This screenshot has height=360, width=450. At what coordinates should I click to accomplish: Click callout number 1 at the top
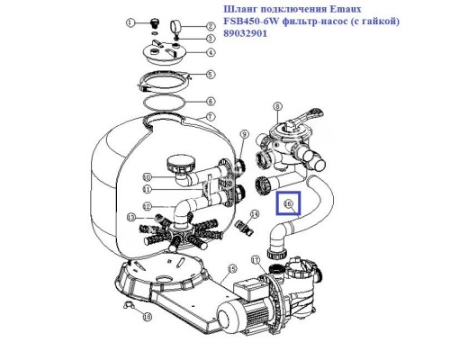pyautogui.click(x=130, y=23)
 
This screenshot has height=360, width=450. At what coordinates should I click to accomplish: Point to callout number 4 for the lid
pyautogui.click(x=210, y=52)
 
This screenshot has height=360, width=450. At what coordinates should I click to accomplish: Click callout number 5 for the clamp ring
pyautogui.click(x=210, y=76)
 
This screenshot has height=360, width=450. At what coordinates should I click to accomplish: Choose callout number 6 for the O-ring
pyautogui.click(x=210, y=102)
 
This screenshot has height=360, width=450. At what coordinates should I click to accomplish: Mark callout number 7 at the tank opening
pyautogui.click(x=210, y=117)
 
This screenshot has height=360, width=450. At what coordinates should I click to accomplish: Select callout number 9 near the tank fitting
pyautogui.click(x=244, y=135)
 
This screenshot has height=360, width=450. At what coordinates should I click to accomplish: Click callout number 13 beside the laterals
pyautogui.click(x=132, y=218)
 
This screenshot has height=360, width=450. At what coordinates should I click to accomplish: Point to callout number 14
pyautogui.click(x=256, y=213)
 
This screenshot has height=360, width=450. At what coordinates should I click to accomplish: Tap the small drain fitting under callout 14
pyautogui.click(x=243, y=230)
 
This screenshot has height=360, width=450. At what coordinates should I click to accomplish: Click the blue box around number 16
pyautogui.click(x=289, y=206)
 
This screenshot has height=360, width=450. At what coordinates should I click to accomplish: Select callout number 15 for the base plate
pyautogui.click(x=231, y=267)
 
